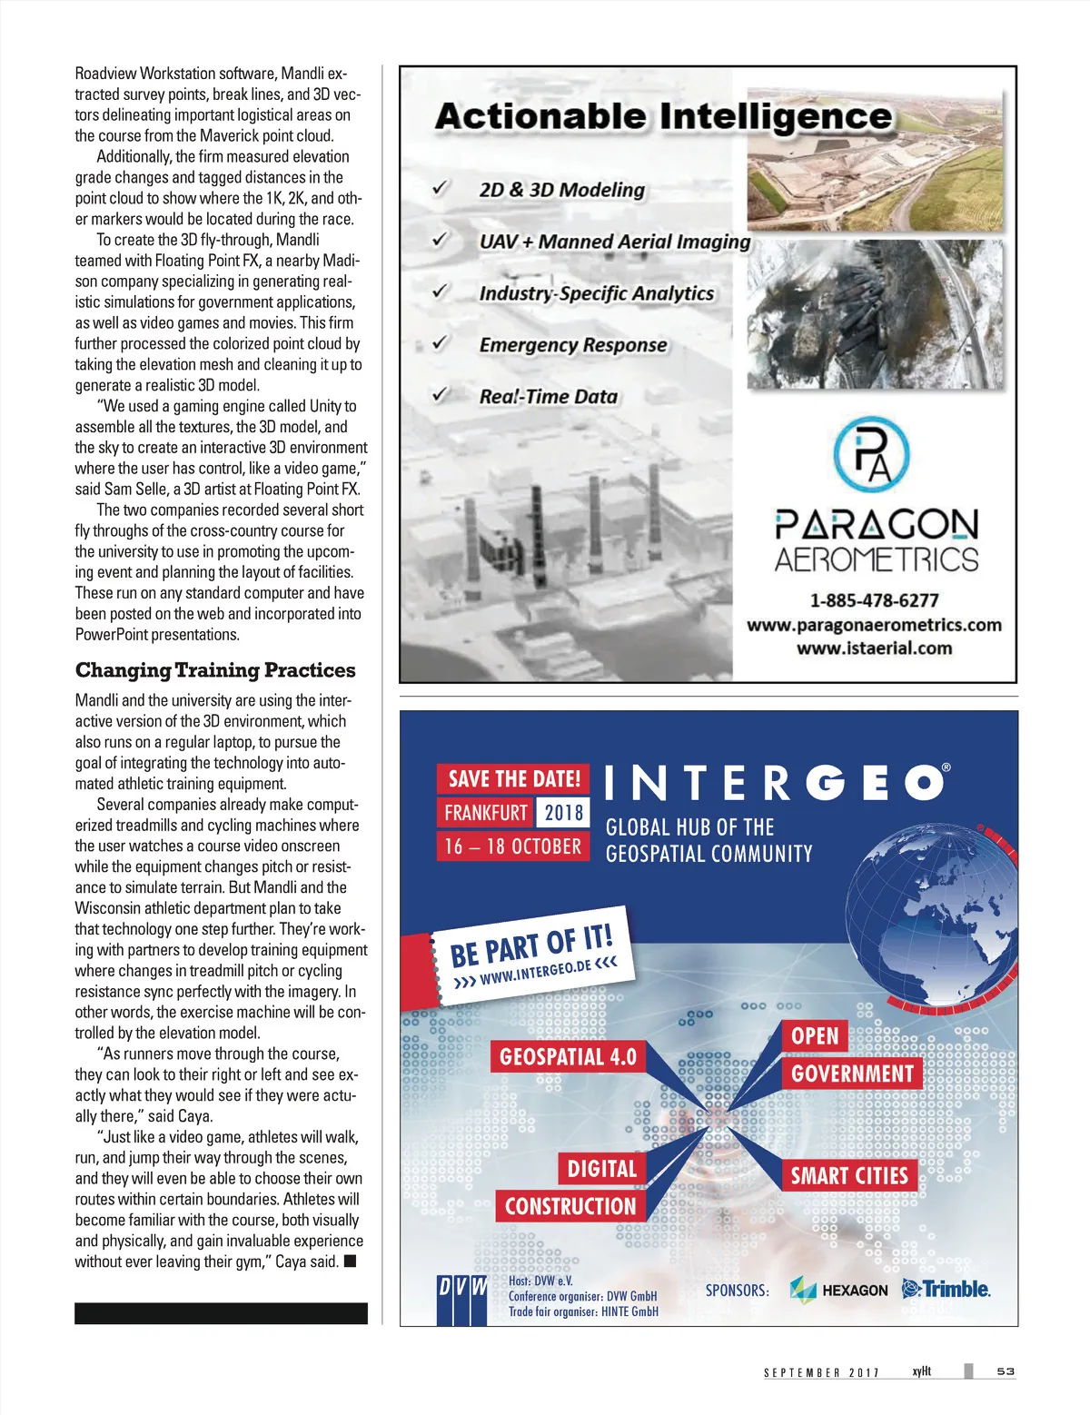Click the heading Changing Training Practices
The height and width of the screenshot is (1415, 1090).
coord(215,670)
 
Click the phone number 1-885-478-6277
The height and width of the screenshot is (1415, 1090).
coord(874,600)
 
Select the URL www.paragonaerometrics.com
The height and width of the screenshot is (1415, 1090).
coord(874,625)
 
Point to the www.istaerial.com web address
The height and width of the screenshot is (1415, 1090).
coord(874,648)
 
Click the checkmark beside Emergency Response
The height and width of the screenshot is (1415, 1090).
coord(441,343)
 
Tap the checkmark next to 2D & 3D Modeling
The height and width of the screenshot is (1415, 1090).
coord(441,188)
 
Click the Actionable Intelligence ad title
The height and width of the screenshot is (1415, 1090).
coord(663,116)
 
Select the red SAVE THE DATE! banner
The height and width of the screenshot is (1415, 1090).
coord(513,779)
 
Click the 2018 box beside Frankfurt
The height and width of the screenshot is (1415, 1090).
coord(563,812)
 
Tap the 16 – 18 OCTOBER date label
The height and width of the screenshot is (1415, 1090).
coord(512,846)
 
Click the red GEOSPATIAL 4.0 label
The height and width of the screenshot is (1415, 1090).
coord(568,1057)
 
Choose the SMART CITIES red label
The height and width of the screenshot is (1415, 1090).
coord(849,1176)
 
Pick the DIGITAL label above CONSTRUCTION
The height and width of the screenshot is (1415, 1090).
coord(602,1169)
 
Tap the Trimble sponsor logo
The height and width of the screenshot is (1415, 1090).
coord(946,1289)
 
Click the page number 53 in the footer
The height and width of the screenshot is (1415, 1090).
coord(1006,1371)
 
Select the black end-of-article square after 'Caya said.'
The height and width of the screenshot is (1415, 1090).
coord(351,1261)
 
